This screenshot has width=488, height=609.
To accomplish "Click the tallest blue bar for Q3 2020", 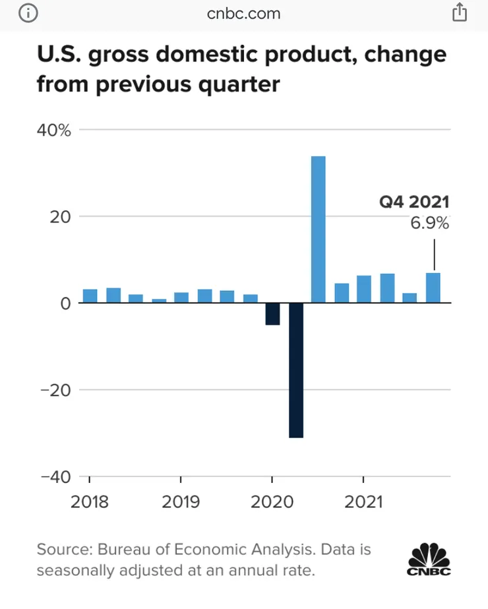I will click(318, 230).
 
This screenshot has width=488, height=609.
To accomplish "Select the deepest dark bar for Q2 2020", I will click(295, 370).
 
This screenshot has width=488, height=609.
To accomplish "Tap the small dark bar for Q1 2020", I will click(272, 314).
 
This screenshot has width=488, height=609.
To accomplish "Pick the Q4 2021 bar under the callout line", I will click(433, 288).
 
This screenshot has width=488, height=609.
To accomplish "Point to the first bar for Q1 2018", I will click(90, 296).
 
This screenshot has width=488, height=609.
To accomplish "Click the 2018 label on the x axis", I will click(90, 502).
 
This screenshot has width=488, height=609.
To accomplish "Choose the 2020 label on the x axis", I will click(272, 502).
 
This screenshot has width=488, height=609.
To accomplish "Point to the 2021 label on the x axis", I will click(363, 502).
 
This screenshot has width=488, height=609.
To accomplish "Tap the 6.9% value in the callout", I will click(429, 223).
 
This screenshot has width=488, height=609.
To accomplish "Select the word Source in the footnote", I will click(65, 549).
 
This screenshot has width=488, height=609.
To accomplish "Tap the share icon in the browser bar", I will click(459, 13).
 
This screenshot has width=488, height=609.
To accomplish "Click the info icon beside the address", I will click(28, 13).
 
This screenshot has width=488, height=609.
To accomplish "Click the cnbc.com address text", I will click(244, 13).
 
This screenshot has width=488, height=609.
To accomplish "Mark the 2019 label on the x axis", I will click(181, 502).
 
